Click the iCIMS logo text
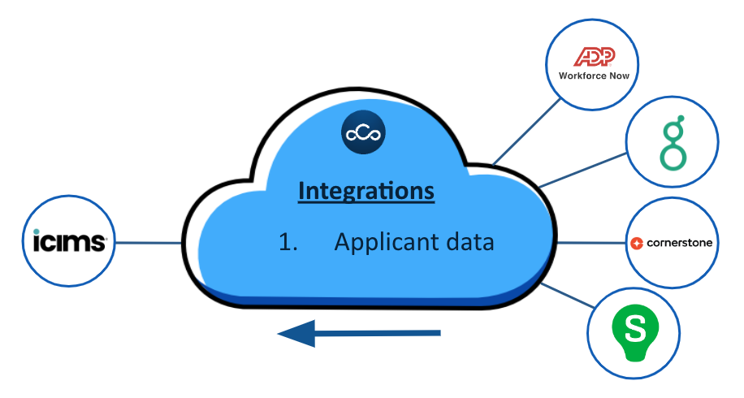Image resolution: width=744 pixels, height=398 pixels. pyautogui.click(x=70, y=241)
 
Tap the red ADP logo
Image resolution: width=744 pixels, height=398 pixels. pyautogui.click(x=595, y=56)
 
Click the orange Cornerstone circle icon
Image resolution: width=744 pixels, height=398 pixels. pyautogui.click(x=638, y=243)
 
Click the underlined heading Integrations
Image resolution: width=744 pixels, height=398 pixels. pyautogui.click(x=366, y=191)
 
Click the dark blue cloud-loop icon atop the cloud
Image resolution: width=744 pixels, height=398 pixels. pyautogui.click(x=364, y=134)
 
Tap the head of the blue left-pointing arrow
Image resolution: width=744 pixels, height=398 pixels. pyautogui.click(x=295, y=333)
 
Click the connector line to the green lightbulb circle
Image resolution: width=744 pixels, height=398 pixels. pyautogui.click(x=569, y=297)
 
